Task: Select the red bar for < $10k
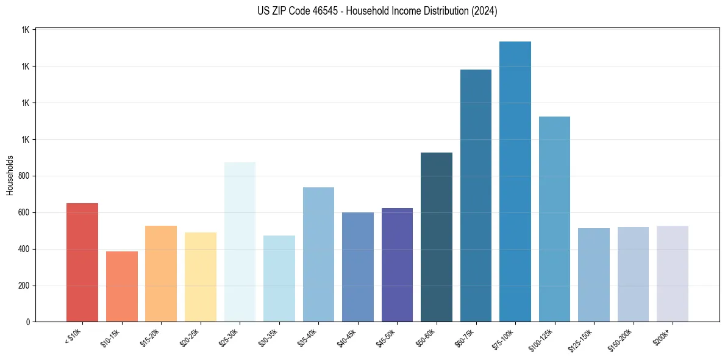point(82,262)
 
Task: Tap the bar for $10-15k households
point(122,287)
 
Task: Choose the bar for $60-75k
point(476,195)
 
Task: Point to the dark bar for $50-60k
point(437,237)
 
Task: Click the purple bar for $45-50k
point(397,265)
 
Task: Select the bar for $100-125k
point(554,219)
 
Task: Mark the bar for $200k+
point(673,274)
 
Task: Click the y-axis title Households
point(10,175)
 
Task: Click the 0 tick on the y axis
point(28,322)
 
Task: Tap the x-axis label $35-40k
point(308,338)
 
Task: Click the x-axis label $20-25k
point(190,338)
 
